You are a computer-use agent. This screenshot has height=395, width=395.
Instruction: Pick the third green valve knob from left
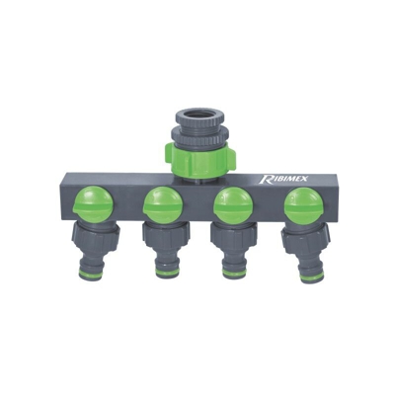click(233, 205)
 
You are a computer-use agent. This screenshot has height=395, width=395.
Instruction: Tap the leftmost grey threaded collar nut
click(95, 237)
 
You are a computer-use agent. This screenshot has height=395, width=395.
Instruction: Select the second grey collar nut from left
click(167, 236)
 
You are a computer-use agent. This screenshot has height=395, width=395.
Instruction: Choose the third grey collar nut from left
click(234, 237)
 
